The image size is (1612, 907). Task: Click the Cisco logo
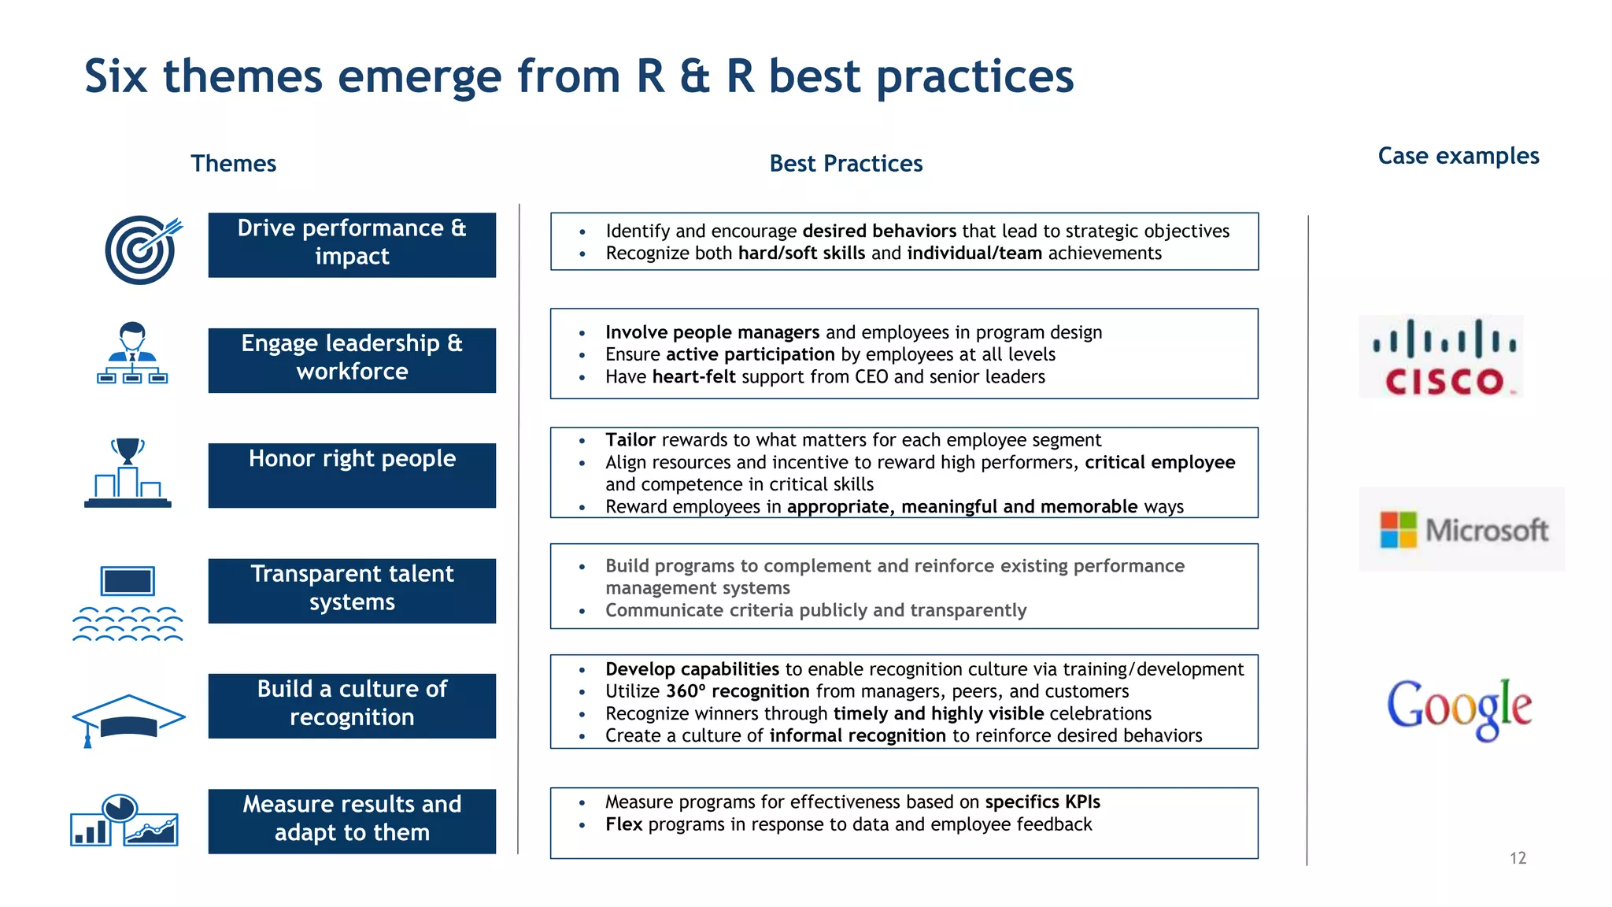tap(1441, 357)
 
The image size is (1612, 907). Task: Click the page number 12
tap(1518, 857)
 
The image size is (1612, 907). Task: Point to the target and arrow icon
tap(142, 250)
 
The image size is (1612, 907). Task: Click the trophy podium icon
tap(128, 472)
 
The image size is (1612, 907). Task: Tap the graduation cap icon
tap(128, 719)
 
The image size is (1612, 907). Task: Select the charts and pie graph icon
tap(124, 820)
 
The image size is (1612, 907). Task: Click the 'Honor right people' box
tap(352, 475)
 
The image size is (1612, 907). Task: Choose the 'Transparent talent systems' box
tap(352, 590)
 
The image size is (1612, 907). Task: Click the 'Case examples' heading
tap(1458, 156)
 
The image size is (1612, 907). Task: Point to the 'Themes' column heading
tap(233, 163)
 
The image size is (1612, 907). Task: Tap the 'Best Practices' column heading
tap(845, 163)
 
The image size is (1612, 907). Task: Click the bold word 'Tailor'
tap(630, 439)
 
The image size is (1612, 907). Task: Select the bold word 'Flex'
tap(623, 824)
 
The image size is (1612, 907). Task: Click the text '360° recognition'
tap(738, 690)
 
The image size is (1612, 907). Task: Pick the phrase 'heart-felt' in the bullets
tap(693, 376)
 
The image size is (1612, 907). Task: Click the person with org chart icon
tap(132, 354)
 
